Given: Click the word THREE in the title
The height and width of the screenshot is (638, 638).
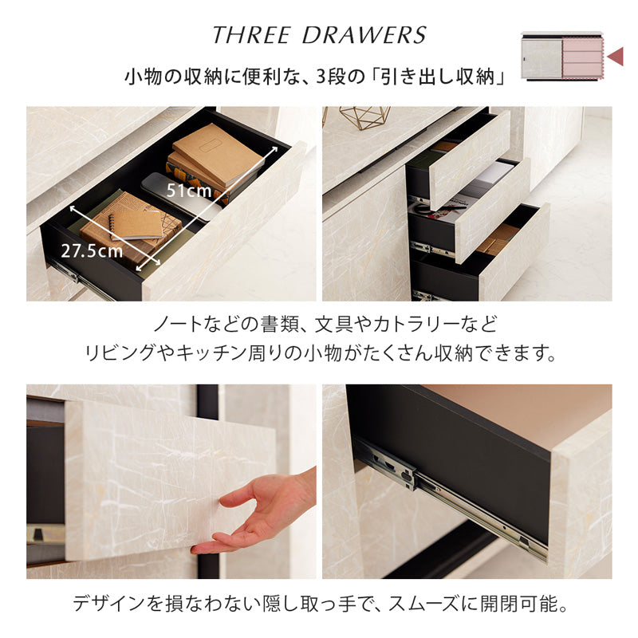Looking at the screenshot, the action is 251,35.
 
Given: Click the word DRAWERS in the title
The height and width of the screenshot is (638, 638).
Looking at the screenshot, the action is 364,35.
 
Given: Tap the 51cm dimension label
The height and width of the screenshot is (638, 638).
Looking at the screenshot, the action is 189,191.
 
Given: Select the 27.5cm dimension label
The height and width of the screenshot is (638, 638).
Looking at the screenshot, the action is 92,250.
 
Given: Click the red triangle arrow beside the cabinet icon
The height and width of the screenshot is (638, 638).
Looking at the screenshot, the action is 615,56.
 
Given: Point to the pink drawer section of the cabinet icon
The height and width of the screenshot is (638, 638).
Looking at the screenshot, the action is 582,56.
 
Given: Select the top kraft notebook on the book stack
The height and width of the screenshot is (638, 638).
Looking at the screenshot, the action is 218,153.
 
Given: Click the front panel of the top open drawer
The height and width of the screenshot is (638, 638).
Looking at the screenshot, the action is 470,160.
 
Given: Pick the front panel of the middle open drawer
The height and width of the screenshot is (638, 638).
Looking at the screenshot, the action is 493,211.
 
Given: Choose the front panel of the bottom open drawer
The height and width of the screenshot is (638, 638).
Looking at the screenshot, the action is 514,252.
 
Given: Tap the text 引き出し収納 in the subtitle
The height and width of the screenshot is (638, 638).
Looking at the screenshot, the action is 437,77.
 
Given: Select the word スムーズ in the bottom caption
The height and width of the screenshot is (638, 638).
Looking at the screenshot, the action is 423,603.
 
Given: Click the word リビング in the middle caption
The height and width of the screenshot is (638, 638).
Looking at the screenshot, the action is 120,353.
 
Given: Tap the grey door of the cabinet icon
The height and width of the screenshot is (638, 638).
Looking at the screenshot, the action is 542,58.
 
